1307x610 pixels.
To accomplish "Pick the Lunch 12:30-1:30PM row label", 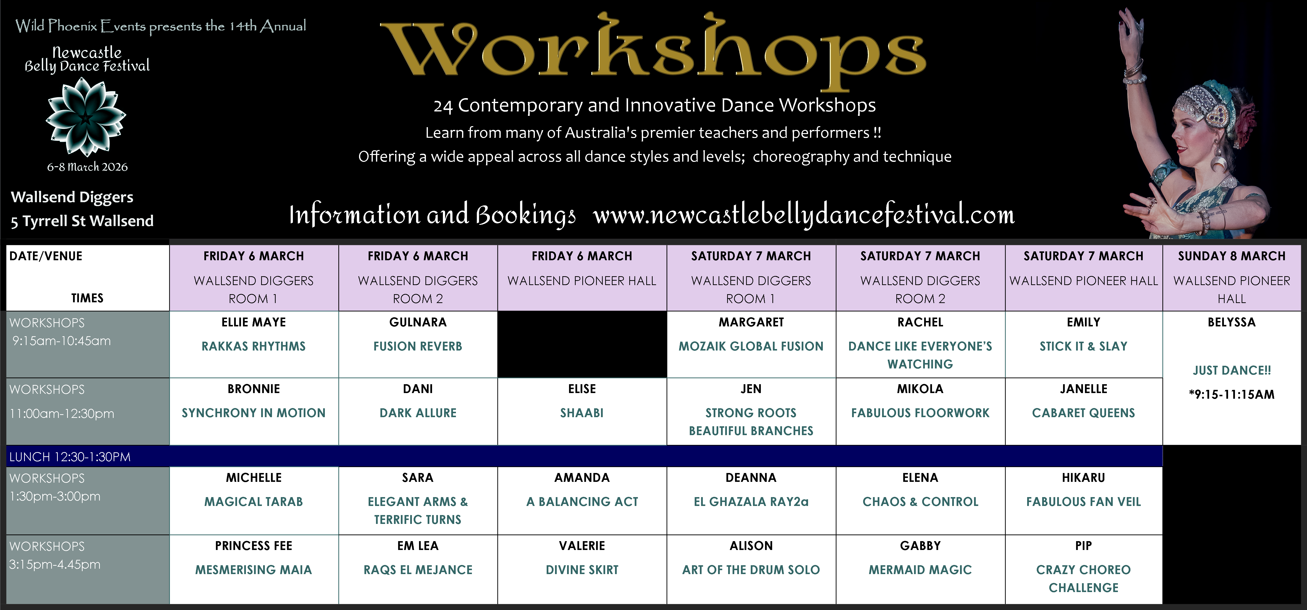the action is pyautogui.click(x=70, y=457).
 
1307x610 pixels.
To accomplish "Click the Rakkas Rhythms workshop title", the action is pyautogui.click(x=254, y=346).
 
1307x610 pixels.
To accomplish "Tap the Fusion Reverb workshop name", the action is pyautogui.click(x=418, y=346).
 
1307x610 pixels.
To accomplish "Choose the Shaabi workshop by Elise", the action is pyautogui.click(x=582, y=412).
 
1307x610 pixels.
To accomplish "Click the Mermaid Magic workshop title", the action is pyautogui.click(x=920, y=569).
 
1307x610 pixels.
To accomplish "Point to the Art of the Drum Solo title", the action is pyautogui.click(x=751, y=569).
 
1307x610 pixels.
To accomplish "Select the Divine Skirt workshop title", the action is pyautogui.click(x=582, y=569).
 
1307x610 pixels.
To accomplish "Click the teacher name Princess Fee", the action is pyautogui.click(x=254, y=546).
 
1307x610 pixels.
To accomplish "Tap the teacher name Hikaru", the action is pyautogui.click(x=1083, y=477).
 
